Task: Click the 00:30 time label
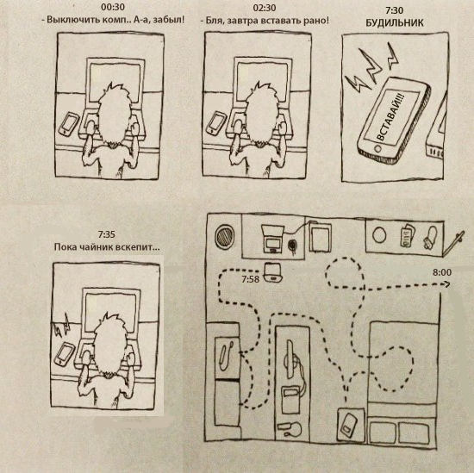point(113,8)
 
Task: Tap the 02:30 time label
point(265,8)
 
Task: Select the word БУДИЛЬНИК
point(395,23)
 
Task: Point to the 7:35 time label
point(106,234)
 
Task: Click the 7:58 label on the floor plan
point(250,279)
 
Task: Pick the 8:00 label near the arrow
point(442,272)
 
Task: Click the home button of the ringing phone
point(377,148)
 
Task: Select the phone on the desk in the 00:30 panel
point(69,124)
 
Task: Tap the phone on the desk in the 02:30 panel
point(216,123)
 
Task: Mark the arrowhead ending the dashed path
point(446,284)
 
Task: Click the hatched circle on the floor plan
point(225,236)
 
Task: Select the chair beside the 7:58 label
point(273,272)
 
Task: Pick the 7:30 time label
point(394,10)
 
